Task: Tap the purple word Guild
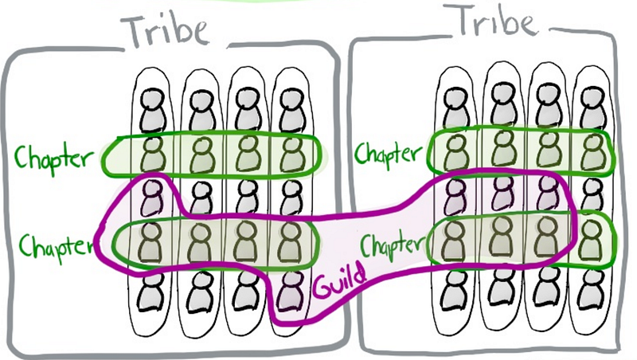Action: click(x=340, y=281)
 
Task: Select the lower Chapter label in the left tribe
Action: click(x=56, y=247)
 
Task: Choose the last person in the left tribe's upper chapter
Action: click(x=291, y=155)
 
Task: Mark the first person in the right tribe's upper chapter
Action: click(x=455, y=152)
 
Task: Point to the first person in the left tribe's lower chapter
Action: click(x=152, y=243)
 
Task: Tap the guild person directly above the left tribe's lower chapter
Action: click(x=152, y=198)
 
